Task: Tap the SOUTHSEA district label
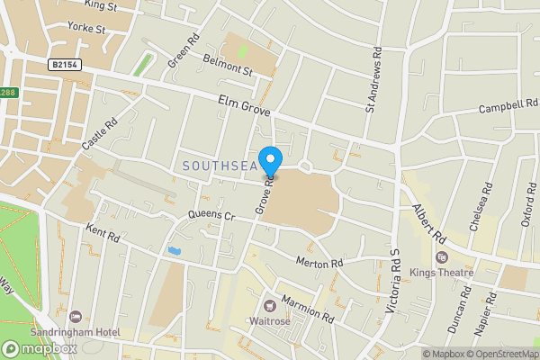pos(220,166)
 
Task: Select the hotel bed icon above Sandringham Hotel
pos(76,318)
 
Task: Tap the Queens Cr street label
pos(211,217)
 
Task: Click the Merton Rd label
pos(320,262)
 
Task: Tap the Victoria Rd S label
pos(392,281)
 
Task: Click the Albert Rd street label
pos(429,222)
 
